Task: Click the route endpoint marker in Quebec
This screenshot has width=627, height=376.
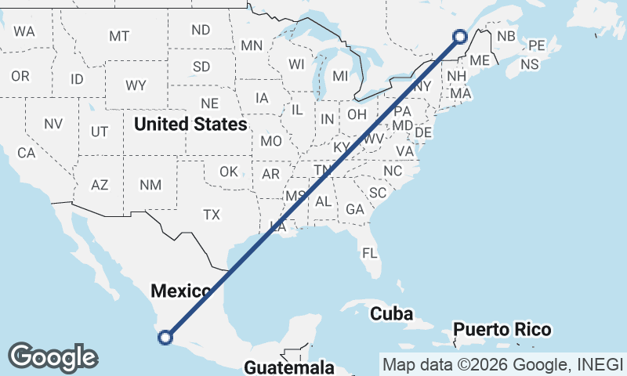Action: tap(460, 36)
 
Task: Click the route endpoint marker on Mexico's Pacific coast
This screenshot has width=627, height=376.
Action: tap(165, 338)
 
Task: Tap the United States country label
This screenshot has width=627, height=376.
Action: tap(190, 124)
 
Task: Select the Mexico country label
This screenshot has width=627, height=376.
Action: tap(181, 291)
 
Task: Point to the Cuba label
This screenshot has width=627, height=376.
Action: tap(391, 313)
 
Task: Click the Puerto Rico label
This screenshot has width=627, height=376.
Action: tap(502, 329)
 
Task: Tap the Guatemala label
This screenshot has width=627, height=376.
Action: tap(289, 367)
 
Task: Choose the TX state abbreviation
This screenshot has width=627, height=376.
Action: tap(212, 214)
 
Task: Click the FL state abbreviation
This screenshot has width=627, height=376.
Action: tap(370, 253)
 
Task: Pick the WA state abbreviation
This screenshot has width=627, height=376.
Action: tap(24, 32)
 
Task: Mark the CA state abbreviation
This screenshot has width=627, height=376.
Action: tap(27, 154)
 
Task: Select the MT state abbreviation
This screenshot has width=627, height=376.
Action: tap(119, 36)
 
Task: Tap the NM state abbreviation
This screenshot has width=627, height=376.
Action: tap(150, 185)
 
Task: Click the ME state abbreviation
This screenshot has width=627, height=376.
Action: tap(480, 60)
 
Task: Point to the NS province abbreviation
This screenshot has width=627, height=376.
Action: tap(531, 64)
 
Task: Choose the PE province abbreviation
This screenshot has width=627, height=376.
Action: tap(537, 45)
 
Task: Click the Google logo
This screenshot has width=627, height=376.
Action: tap(53, 357)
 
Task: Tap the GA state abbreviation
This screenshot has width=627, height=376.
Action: tap(355, 209)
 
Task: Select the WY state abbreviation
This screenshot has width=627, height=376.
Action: tap(136, 85)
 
